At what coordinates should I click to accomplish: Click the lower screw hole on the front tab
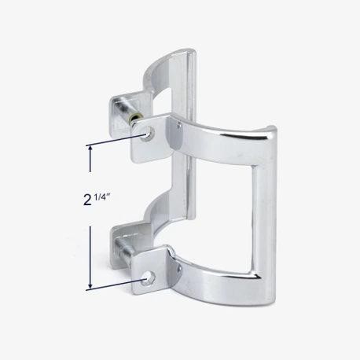pos(149,278)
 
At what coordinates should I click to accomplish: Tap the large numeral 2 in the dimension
pos(87,200)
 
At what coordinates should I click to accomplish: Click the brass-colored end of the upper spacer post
pos(137,117)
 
